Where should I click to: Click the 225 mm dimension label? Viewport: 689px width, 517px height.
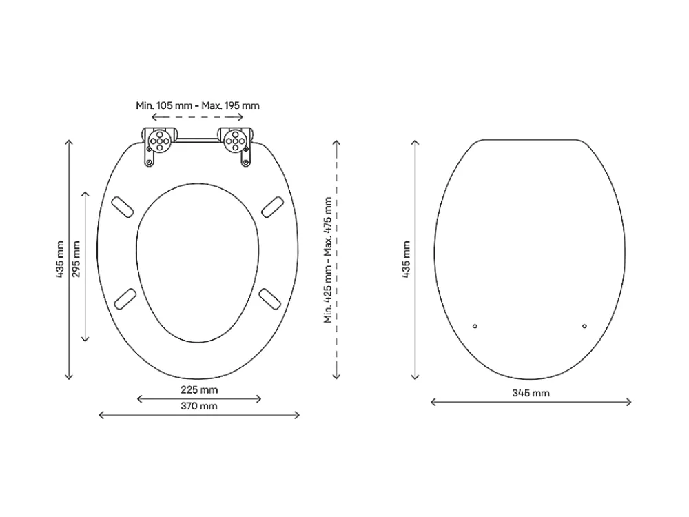point(199,390)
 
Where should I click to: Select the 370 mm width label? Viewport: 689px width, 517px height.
point(199,406)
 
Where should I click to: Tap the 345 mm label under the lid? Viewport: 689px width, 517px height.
point(531,393)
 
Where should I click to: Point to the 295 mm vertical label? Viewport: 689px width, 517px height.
point(76,258)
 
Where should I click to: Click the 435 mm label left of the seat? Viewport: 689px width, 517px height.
point(60,259)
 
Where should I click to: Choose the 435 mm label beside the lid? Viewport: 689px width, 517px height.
point(406,259)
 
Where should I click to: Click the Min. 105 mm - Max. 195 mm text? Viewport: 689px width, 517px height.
point(198,105)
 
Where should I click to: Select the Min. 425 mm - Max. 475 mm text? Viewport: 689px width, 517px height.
point(328,261)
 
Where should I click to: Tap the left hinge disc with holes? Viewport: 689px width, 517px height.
point(159,141)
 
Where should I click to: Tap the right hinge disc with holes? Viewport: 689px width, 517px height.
point(235,141)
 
